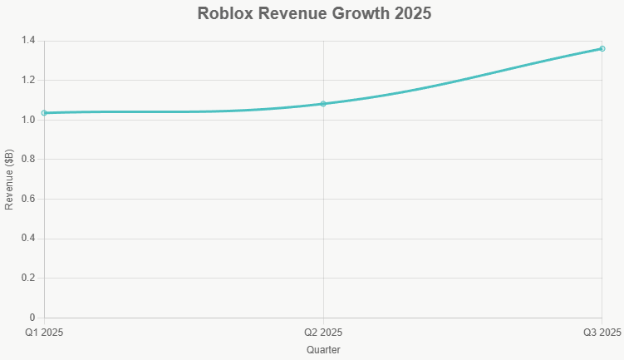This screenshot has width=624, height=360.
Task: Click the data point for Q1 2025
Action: pyautogui.click(x=44, y=113)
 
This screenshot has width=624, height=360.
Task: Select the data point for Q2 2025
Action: pyautogui.click(x=323, y=104)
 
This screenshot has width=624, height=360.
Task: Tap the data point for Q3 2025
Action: pyautogui.click(x=602, y=49)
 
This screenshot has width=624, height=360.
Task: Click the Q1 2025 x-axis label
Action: pyautogui.click(x=44, y=333)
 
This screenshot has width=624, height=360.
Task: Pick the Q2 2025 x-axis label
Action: pyautogui.click(x=323, y=333)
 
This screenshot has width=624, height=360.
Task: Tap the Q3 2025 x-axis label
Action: pyautogui.click(x=602, y=333)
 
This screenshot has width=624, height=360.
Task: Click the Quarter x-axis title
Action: pyautogui.click(x=323, y=350)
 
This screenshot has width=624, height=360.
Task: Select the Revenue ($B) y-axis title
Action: pyautogui.click(x=9, y=180)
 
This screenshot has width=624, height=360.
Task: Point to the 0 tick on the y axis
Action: pyautogui.click(x=32, y=318)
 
